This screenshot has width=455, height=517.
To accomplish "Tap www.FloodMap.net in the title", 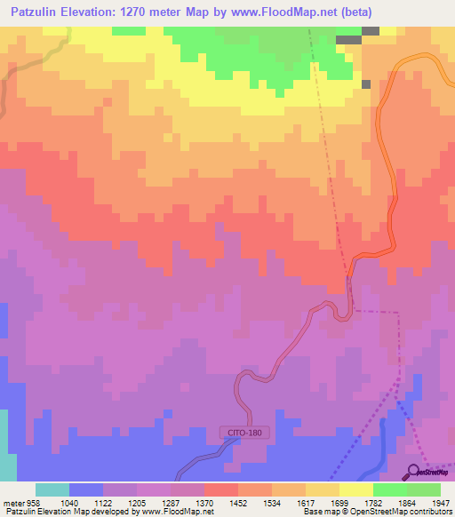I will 270,12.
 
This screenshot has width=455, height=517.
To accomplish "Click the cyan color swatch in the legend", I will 52,489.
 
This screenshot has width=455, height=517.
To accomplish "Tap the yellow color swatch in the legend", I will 355,489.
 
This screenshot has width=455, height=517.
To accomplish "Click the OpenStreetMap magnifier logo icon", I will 413,471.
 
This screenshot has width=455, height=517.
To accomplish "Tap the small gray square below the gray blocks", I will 366,84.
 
